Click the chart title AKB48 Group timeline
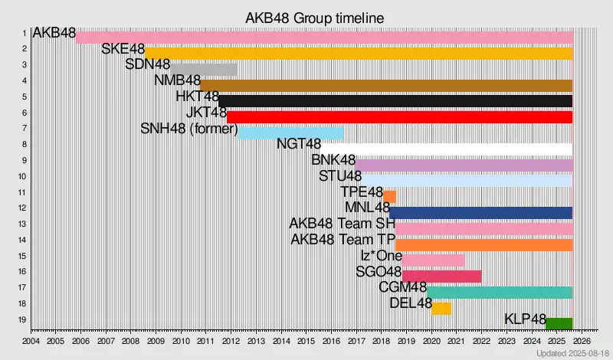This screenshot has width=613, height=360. point(314,17)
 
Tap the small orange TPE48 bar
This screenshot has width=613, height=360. point(389,197)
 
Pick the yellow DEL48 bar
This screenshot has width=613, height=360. point(441,309)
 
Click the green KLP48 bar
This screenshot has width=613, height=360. point(559,323)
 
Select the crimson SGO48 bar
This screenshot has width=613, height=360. point(442,277)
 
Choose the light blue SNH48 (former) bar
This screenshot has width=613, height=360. point(290,133)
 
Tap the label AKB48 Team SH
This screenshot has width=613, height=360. point(342,224)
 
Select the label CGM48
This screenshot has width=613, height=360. point(402,287)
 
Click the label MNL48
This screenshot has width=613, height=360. point(368,208)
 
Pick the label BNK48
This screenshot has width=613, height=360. point(333,160)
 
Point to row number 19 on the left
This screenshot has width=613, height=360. point(24,319)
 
